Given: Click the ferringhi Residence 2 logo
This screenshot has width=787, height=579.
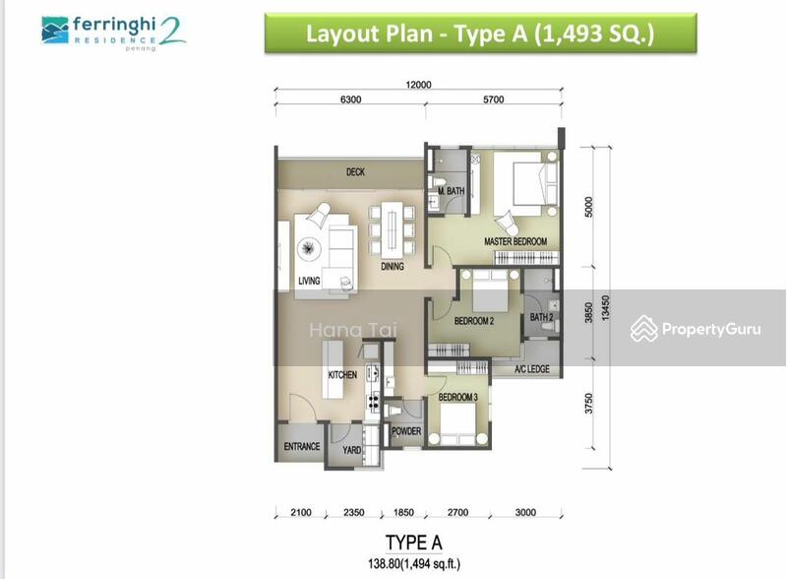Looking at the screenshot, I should [x=112, y=32].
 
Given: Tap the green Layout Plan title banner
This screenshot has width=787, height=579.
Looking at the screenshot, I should [x=480, y=33].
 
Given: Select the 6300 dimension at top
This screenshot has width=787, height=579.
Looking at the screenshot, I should [x=351, y=99].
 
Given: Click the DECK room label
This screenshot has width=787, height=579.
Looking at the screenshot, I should [x=355, y=172].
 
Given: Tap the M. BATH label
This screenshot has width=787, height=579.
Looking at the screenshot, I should [x=451, y=191].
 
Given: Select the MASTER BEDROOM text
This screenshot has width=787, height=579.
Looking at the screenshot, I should [x=515, y=241].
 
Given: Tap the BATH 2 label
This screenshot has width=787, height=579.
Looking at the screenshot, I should [x=542, y=317].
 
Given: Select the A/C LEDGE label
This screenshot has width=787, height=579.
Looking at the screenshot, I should [x=532, y=370].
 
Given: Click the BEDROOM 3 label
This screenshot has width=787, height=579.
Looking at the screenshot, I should [x=457, y=396].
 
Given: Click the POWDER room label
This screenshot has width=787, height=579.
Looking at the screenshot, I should [x=406, y=431].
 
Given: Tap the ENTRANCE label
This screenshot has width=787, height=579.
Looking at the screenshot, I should [x=301, y=446].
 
